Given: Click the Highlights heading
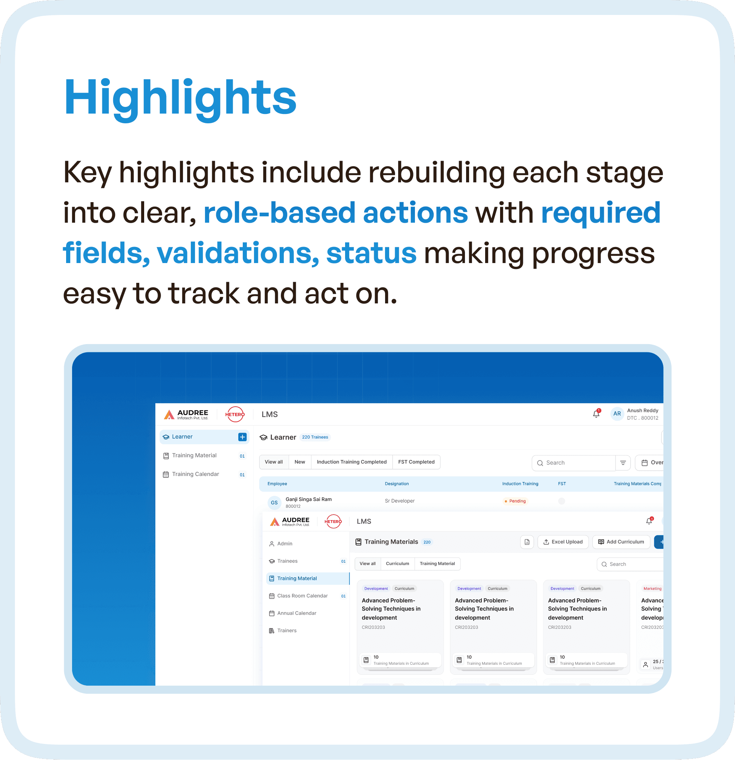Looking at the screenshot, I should pyautogui.click(x=180, y=97).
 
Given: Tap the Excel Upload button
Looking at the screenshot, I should pyautogui.click(x=562, y=542).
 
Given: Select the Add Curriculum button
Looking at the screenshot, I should pyautogui.click(x=621, y=542).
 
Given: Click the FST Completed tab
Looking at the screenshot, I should pyautogui.click(x=416, y=462).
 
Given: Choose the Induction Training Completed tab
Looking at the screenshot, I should pyautogui.click(x=351, y=462).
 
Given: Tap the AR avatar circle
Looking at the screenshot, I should pyautogui.click(x=616, y=414).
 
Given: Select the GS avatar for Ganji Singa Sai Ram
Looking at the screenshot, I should pyautogui.click(x=274, y=503).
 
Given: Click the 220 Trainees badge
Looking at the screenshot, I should pyautogui.click(x=315, y=437).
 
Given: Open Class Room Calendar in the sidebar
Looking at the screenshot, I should pyautogui.click(x=303, y=596).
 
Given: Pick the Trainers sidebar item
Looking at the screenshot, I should pyautogui.click(x=287, y=630).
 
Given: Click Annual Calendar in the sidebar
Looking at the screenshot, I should pyautogui.click(x=297, y=613).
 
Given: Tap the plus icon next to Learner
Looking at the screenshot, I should pyautogui.click(x=242, y=437).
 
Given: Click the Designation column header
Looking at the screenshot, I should pyautogui.click(x=397, y=484).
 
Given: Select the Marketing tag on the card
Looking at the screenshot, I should pyautogui.click(x=652, y=588).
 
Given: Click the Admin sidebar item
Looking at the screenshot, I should pyautogui.click(x=285, y=544).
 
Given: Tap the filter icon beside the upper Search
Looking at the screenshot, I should pyautogui.click(x=623, y=463).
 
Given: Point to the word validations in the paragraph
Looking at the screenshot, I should pyautogui.click(x=238, y=253).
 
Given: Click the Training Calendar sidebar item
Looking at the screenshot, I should pyautogui.click(x=195, y=474).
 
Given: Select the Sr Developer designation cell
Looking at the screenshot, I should pyautogui.click(x=400, y=501).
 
